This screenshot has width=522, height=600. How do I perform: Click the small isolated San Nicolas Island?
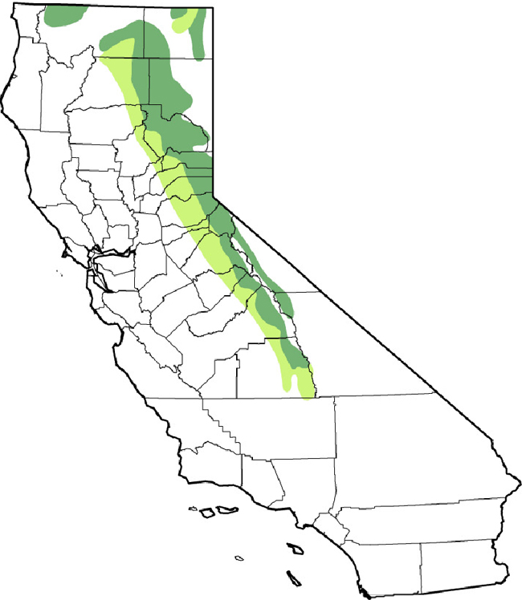239,557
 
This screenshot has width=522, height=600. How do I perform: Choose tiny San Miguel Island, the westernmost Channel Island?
194,507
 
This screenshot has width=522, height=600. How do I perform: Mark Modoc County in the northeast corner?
177,32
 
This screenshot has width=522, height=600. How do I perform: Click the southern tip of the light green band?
308,393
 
